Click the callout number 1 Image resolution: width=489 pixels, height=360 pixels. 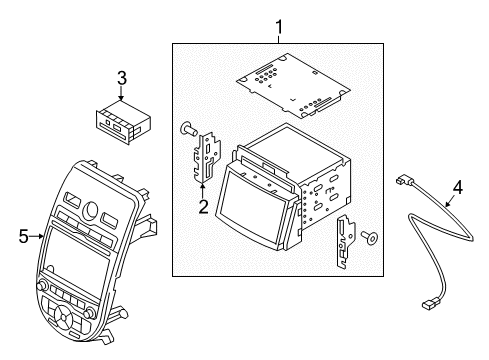click(279, 27)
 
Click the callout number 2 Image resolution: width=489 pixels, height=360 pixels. click(202, 208)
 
